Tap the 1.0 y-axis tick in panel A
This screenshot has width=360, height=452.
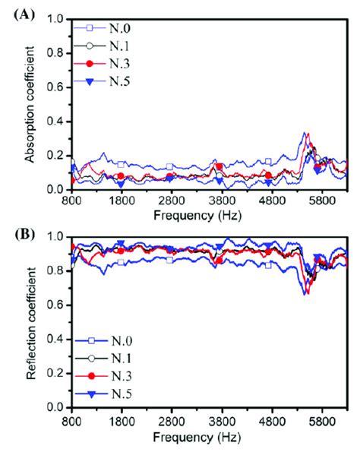coord(55,17)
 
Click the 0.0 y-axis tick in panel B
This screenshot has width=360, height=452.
coord(55,407)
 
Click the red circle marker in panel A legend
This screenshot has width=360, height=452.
coord(90,68)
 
